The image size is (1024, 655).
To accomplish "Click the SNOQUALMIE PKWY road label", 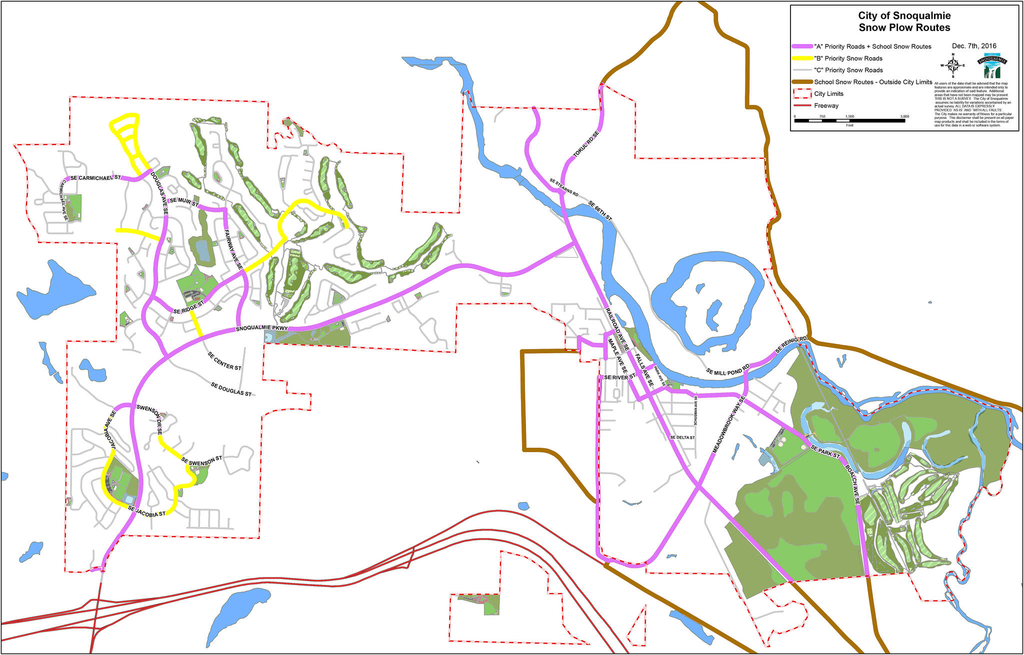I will click(262, 329).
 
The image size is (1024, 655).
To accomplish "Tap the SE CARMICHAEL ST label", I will click(95, 178).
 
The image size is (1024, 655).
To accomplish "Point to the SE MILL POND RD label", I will click(727, 372).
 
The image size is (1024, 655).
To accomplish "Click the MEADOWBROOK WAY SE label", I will click(728, 425).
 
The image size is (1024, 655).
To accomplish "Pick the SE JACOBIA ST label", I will click(146, 511).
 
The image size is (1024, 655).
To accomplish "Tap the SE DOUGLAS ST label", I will click(231, 390).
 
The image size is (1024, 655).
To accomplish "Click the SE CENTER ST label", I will click(224, 361).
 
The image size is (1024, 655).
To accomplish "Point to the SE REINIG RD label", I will click(791, 345).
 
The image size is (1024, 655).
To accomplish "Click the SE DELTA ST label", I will click(682, 438).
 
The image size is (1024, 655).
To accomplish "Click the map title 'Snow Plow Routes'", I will click(904, 28).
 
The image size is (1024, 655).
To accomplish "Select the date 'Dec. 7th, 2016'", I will click(974, 46).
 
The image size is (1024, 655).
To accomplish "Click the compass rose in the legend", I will click(953, 65).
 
